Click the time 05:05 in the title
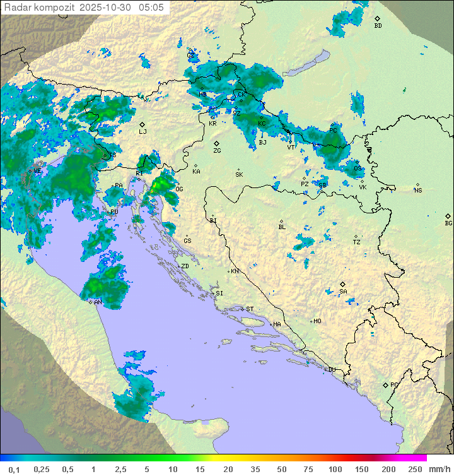coord(152,8)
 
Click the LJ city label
coord(143,131)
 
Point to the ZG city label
coord(217,151)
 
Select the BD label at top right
coord(378,26)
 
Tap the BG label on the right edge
coord(448,223)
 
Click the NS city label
coord(418,190)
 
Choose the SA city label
coord(343,291)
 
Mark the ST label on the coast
coord(250,309)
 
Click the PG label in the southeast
coord(394,384)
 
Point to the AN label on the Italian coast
coord(98,302)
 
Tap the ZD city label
coord(185,266)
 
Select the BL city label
coord(282,227)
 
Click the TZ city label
coord(357,242)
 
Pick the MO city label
coord(317,321)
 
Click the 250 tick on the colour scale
coord(414,469)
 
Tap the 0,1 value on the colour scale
coord(13,469)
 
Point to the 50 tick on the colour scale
coord(281,469)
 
